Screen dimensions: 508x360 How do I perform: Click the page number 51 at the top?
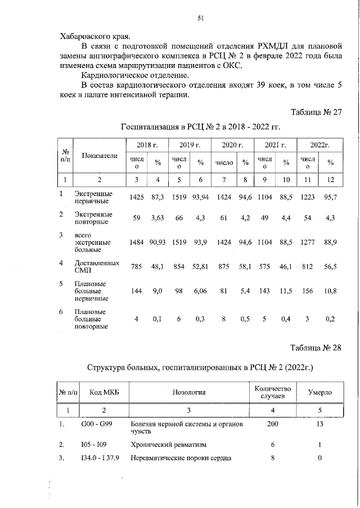(200, 18)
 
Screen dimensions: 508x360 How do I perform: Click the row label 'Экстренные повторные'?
(93, 218)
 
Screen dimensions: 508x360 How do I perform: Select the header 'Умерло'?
(319, 392)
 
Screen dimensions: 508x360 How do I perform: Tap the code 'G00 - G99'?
(97, 424)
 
